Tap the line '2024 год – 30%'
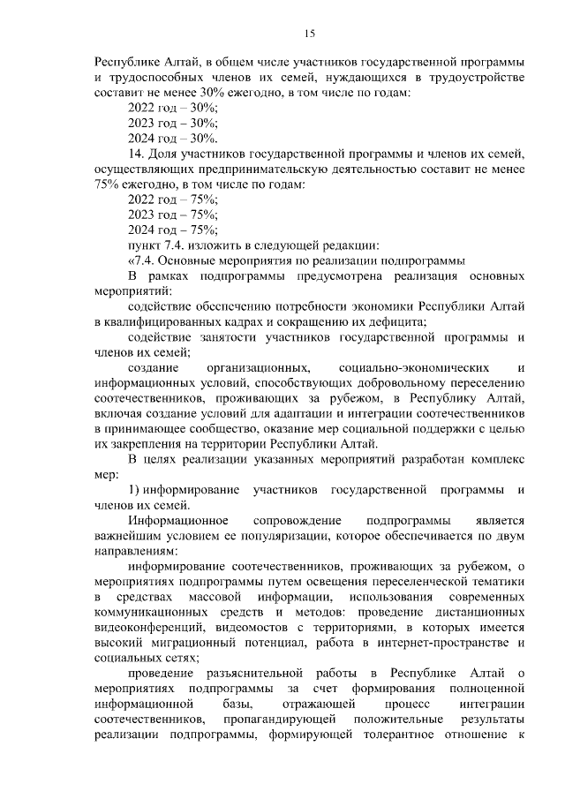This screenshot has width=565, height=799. pyautogui.click(x=173, y=139)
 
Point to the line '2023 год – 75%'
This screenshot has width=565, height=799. pyautogui.click(x=173, y=215)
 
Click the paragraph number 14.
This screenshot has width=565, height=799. pyautogui.click(x=136, y=154)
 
